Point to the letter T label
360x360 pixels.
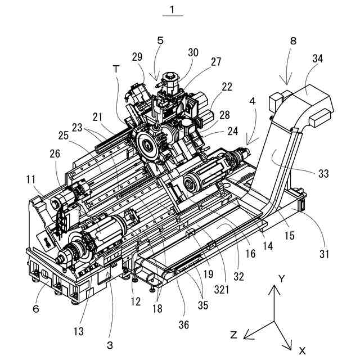tap(116, 69)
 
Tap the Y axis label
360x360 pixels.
tap(283, 278)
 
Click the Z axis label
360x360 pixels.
tap(233, 335)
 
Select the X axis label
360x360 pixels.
tap(301, 349)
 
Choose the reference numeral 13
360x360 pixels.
tap(79, 332)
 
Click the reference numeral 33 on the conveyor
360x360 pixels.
tap(323, 174)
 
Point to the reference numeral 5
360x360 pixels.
tap(161, 40)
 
